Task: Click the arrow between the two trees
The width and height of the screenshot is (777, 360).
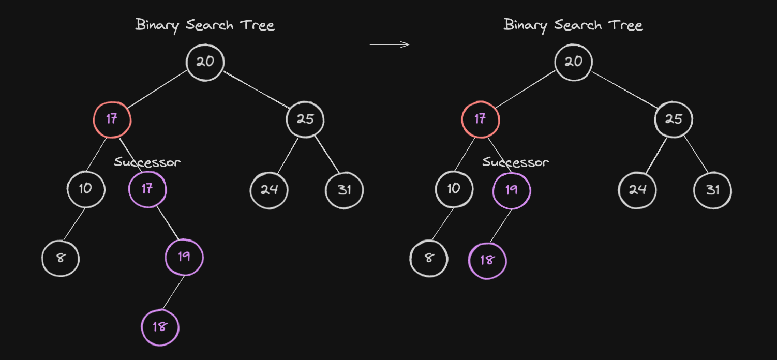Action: coord(390,44)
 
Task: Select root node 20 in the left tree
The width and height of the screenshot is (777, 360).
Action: coord(205,63)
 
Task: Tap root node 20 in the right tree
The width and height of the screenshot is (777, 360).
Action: coord(573,63)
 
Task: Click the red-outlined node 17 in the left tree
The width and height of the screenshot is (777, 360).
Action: coord(112,120)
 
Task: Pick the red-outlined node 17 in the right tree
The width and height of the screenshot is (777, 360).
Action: coord(481,119)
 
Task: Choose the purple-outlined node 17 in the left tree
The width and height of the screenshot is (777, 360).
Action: coord(147,189)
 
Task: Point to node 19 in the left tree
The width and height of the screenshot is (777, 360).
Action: coord(184,258)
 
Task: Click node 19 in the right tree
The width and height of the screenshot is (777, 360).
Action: coord(512,190)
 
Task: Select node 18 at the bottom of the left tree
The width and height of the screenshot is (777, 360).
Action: coord(160,327)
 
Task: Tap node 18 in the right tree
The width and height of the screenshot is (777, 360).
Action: coord(487,261)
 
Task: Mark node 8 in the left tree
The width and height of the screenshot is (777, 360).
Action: coord(61,258)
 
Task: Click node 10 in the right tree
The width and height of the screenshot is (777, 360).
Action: coord(454,189)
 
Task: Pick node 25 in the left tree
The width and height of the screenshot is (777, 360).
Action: coord(305,119)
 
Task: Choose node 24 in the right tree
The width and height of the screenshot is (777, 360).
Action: coord(637,190)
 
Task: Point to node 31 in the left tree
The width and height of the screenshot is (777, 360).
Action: coord(344,190)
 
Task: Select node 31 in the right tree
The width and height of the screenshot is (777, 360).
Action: coord(712,190)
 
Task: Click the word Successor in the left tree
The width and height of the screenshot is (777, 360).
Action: coord(147,162)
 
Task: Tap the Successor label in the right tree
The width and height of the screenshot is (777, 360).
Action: coord(516,162)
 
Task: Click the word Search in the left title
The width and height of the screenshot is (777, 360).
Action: coord(210,25)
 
